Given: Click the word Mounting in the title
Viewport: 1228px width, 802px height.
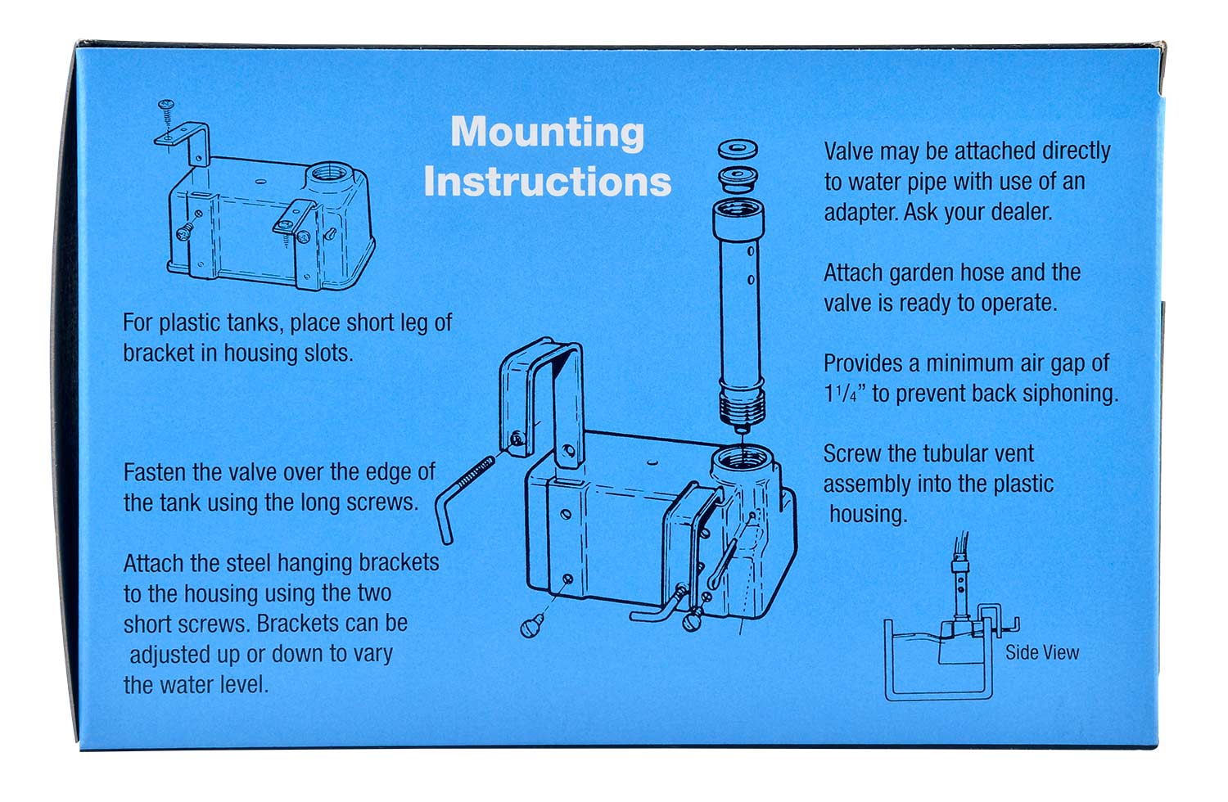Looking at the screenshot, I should (x=547, y=133).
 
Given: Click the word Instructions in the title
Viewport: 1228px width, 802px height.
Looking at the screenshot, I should (x=547, y=182).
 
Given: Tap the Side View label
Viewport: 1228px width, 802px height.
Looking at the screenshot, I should (x=1041, y=652).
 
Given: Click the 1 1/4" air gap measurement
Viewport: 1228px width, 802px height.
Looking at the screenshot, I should (x=842, y=394).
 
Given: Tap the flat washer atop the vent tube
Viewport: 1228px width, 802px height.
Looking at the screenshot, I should (x=738, y=150).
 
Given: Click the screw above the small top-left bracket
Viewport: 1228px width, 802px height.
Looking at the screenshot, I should (x=166, y=108).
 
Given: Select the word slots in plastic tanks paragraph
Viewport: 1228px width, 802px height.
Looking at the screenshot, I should (x=327, y=354).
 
